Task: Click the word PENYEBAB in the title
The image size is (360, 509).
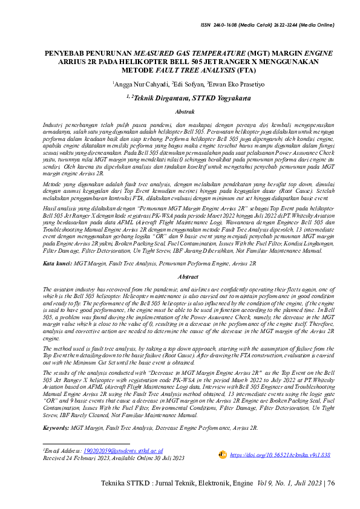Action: (x=65, y=53)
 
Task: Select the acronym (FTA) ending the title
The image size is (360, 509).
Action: (x=229, y=70)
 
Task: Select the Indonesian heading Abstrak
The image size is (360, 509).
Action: (x=183, y=112)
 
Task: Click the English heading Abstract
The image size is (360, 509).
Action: (x=183, y=276)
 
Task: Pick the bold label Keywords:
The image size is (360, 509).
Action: (x=56, y=427)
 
